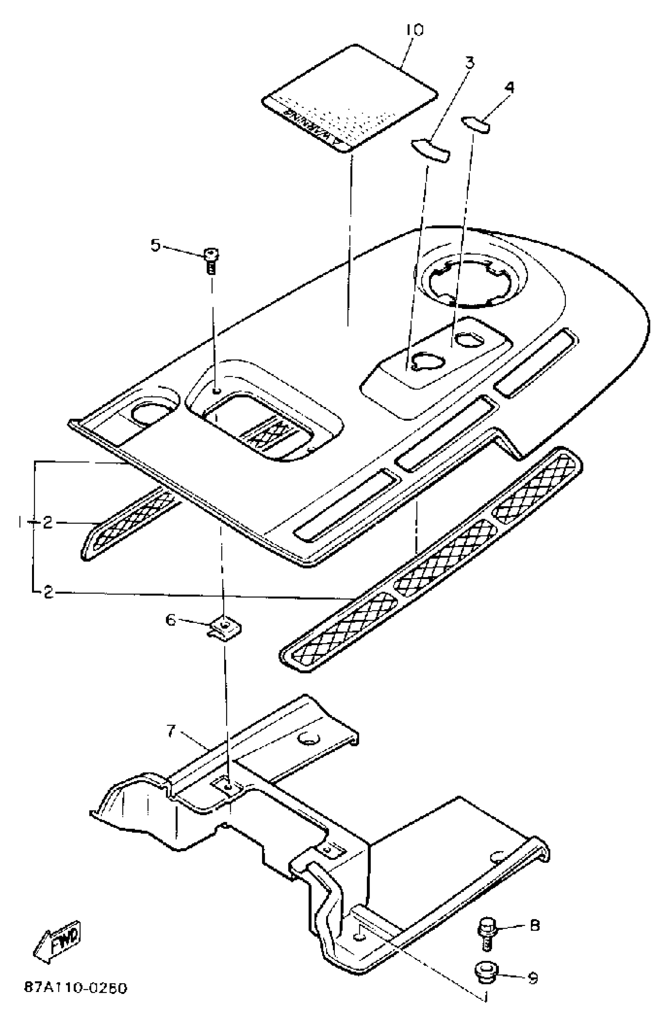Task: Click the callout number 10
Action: (x=414, y=30)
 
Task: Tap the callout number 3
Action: (x=469, y=62)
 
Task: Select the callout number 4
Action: (x=509, y=87)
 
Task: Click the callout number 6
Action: (x=171, y=620)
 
